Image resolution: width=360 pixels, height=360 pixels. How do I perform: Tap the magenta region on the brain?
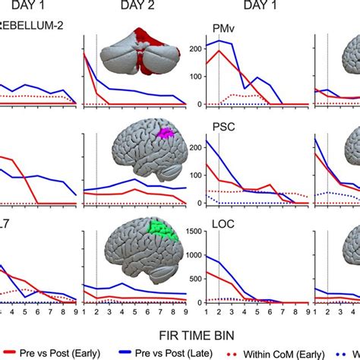(x=164, y=134)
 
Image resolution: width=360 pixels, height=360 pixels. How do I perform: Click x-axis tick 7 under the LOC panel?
(x=283, y=311)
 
